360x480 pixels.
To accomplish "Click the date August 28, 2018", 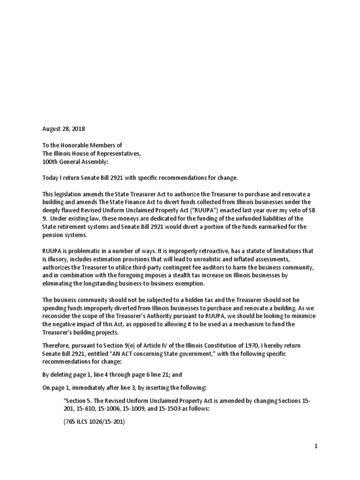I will coord(64,128).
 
